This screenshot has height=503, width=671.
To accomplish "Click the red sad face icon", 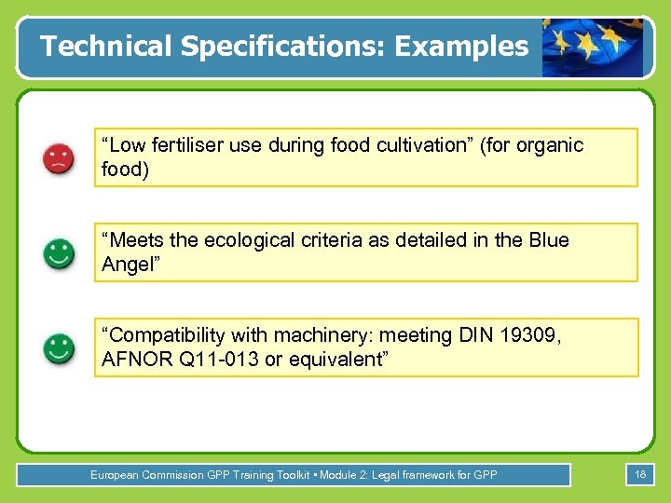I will pos(59,158).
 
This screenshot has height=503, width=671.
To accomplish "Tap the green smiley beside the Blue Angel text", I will pos(59,253).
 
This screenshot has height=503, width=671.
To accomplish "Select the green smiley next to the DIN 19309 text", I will pos(59,348).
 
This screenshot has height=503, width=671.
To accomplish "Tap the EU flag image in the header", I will pos(593,46).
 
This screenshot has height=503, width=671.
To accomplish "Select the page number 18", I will pos(640,475).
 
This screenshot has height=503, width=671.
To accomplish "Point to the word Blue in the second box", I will pos(547,240).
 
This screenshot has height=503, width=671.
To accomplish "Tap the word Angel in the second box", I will pos(129,265).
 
